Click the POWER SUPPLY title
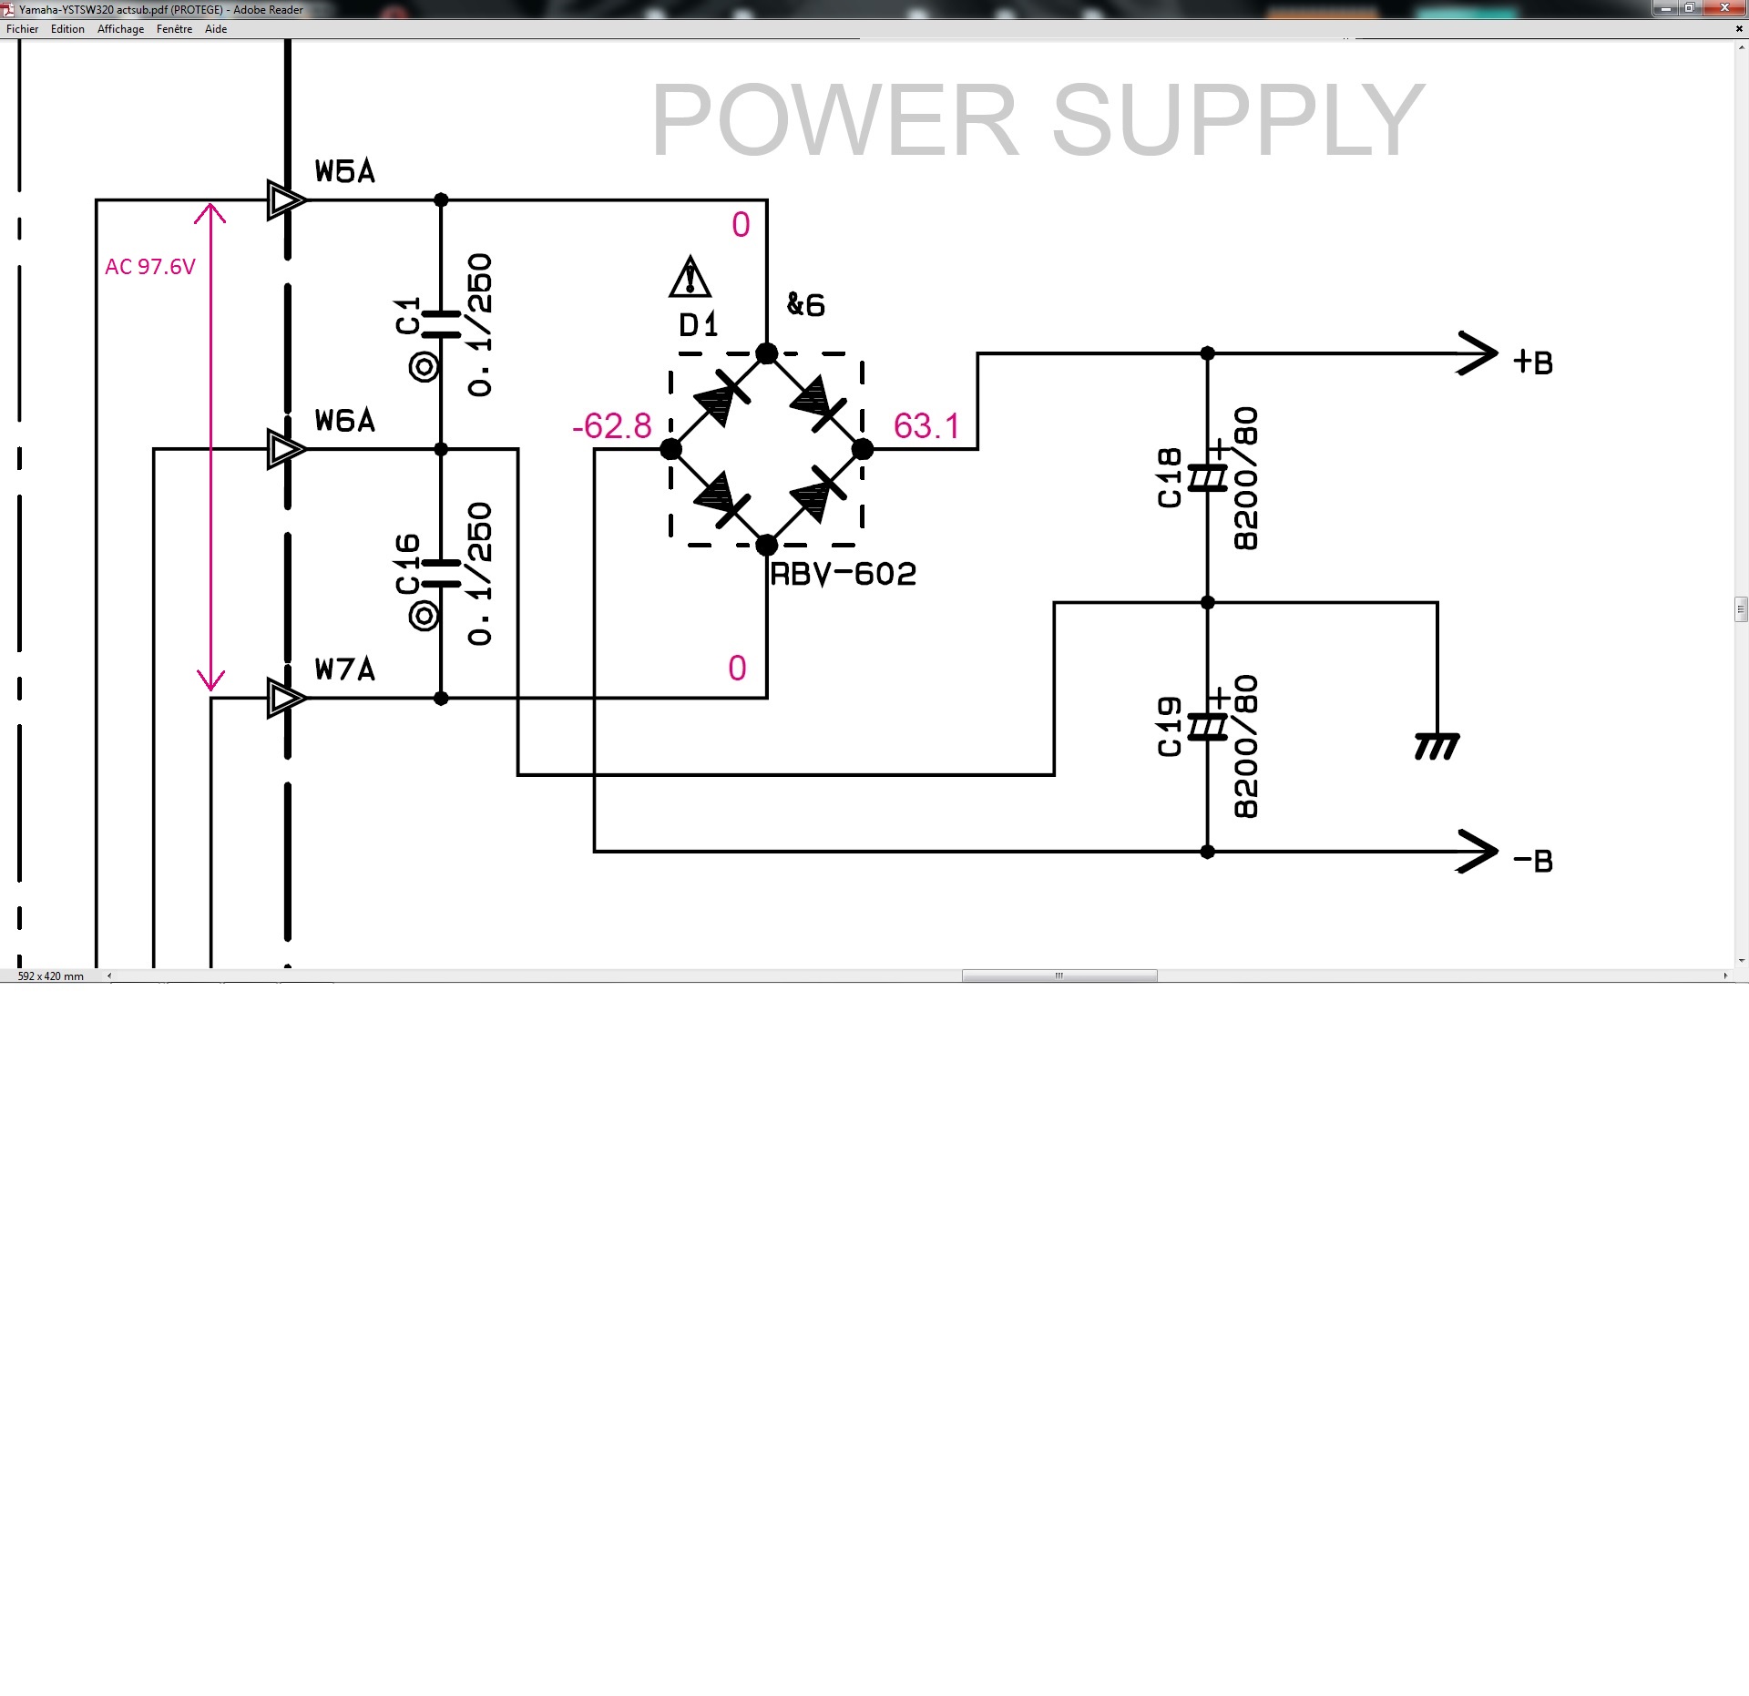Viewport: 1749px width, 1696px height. coord(1038,120)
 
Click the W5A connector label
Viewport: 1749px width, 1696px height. coord(344,171)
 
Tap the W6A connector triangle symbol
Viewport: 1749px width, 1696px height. coord(285,449)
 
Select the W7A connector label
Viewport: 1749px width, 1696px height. coord(344,669)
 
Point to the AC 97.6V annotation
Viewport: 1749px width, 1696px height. coord(150,267)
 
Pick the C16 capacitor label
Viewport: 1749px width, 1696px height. coord(407,564)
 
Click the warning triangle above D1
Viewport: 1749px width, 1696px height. coord(690,277)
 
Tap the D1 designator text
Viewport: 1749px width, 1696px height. coord(699,325)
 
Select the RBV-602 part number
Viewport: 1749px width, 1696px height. coord(843,575)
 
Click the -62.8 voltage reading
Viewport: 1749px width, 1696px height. coord(612,426)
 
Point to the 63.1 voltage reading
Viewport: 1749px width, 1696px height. coord(926,426)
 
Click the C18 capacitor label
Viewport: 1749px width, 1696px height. coord(1169,477)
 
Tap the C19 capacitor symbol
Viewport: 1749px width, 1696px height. coord(1208,727)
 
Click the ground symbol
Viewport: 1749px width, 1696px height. coord(1437,746)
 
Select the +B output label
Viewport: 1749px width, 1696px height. coord(1533,363)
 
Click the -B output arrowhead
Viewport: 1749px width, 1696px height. coord(1477,852)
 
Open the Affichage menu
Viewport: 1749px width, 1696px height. coord(120,29)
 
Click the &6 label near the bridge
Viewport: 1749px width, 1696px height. coord(806,305)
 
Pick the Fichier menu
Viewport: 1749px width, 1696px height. coord(23,29)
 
